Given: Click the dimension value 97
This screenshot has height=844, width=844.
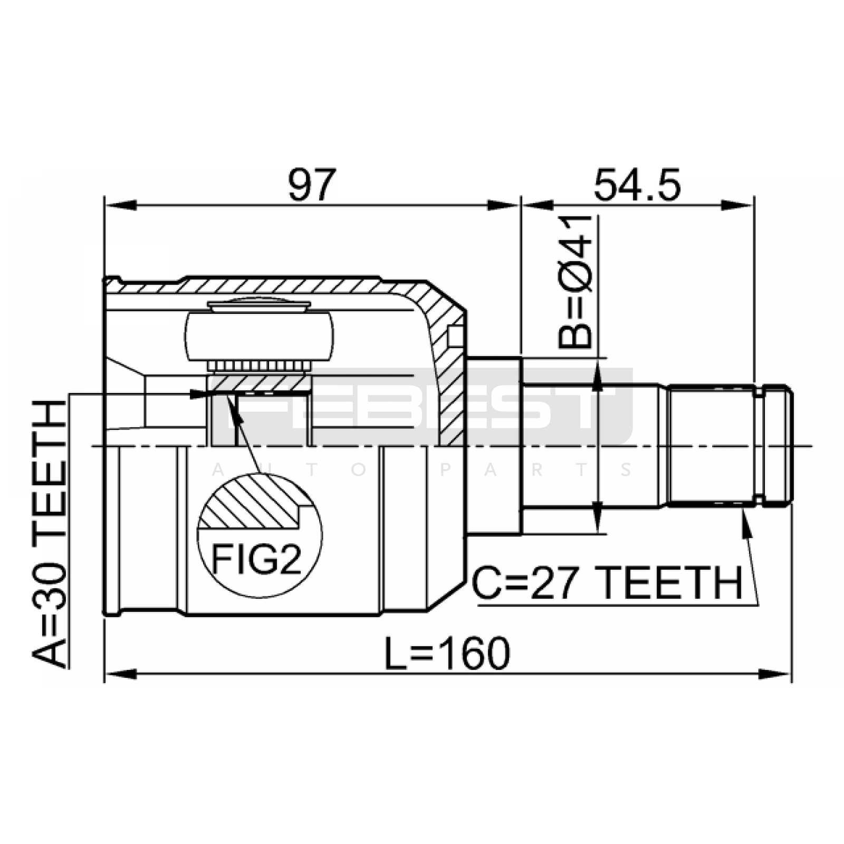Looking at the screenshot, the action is pos(312,185).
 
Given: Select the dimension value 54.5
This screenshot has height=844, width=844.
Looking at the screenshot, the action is pos(637,185).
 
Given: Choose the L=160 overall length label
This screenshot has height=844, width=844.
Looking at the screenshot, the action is pos(447,653).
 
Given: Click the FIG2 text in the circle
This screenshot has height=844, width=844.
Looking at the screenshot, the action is pos(256,560).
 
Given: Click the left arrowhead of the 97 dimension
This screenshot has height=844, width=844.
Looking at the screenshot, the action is pos(121,205).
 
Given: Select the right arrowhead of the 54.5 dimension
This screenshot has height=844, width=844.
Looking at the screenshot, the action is pos(738,205).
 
